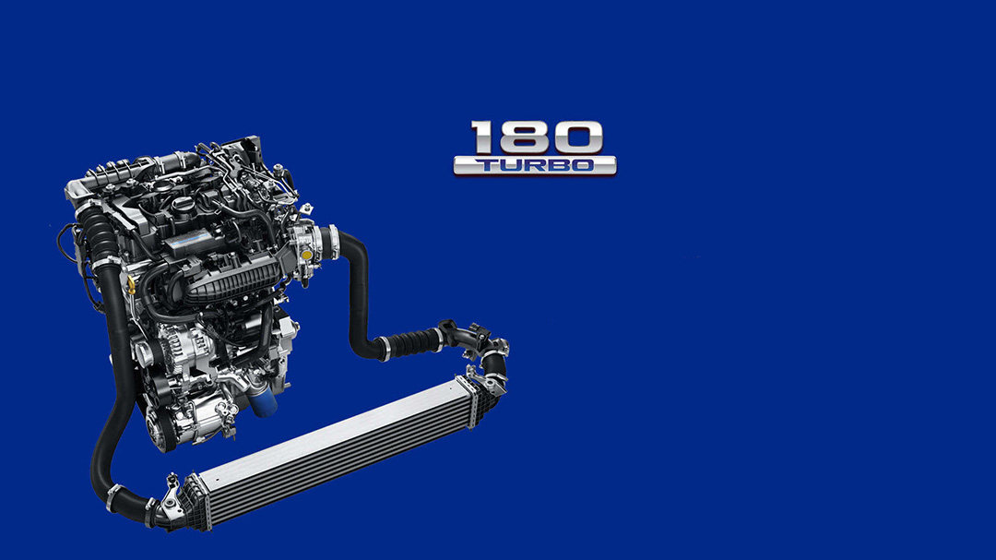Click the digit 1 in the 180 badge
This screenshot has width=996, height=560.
coord(482,137)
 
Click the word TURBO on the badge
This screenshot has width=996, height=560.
coord(535,165)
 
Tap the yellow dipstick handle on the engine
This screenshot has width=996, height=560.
coord(132,284)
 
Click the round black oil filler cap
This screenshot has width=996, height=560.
coord(183,206)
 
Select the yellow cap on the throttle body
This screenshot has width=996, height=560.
coord(307,255)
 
